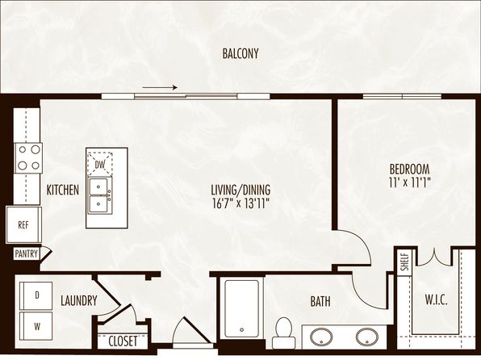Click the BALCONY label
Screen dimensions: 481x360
click(240, 53)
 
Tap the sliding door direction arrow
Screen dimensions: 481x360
click(160, 87)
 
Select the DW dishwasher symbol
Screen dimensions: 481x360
click(100, 164)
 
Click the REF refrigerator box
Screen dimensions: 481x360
click(23, 225)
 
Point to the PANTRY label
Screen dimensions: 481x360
click(27, 253)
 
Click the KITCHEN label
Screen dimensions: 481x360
click(63, 190)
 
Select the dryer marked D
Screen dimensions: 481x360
click(36, 295)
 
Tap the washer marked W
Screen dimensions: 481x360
click(36, 326)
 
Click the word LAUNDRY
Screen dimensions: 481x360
click(79, 300)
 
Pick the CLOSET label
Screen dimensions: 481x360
click(123, 341)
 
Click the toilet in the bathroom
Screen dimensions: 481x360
click(284, 333)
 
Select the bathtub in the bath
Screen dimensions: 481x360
click(242, 308)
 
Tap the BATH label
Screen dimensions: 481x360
click(320, 302)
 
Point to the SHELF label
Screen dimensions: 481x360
click(405, 262)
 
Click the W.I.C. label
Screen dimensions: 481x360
click(436, 299)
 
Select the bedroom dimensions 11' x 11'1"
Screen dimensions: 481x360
click(409, 182)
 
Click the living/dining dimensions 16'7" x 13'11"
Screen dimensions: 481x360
click(240, 203)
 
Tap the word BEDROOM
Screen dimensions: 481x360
click(409, 170)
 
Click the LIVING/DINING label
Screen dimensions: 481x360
click(240, 190)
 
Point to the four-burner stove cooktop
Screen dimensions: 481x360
click(29, 158)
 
